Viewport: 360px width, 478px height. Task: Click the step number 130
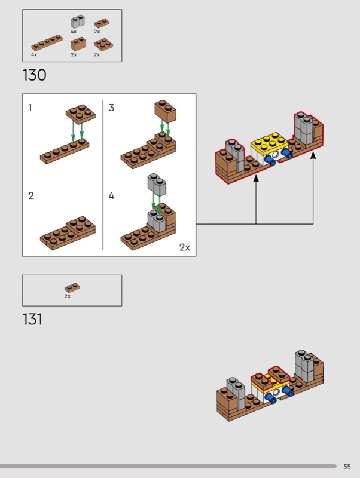pyautogui.click(x=34, y=75)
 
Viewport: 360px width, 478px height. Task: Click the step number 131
pyautogui.click(x=32, y=319)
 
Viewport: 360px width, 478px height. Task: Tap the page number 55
pyautogui.click(x=347, y=467)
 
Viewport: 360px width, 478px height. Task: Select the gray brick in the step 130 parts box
pyautogui.click(x=78, y=22)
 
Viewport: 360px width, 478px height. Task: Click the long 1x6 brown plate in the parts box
pyautogui.click(x=47, y=42)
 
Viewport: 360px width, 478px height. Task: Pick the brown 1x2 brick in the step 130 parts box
pyautogui.click(x=78, y=44)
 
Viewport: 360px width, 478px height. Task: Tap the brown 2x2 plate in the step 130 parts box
pyautogui.click(x=103, y=44)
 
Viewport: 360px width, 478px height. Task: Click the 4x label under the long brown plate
pyautogui.click(x=34, y=54)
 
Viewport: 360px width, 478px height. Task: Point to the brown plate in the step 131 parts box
pyautogui.click(x=72, y=288)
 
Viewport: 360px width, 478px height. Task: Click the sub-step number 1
pyautogui.click(x=30, y=108)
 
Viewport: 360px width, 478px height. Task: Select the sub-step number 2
pyautogui.click(x=31, y=195)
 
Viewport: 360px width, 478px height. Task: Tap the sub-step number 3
pyautogui.click(x=111, y=108)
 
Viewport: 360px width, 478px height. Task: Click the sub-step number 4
pyautogui.click(x=111, y=195)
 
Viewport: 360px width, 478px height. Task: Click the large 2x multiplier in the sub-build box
pyautogui.click(x=185, y=247)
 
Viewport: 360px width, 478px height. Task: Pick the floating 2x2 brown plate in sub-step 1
pyautogui.click(x=81, y=114)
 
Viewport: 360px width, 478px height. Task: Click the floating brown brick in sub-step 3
pyautogui.click(x=166, y=111)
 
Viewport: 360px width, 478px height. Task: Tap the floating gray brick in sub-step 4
pyautogui.click(x=157, y=185)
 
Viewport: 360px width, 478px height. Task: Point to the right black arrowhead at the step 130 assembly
pyautogui.click(x=313, y=155)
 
